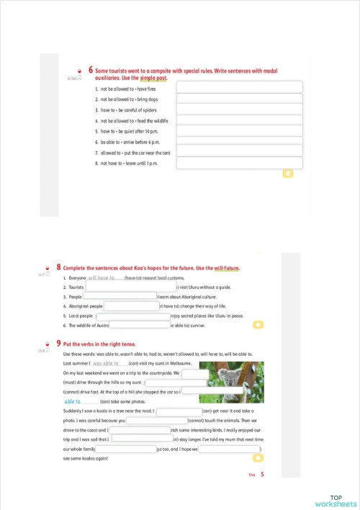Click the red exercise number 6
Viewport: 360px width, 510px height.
[91, 70]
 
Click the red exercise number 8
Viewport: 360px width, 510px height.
[58, 268]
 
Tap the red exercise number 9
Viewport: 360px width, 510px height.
[58, 344]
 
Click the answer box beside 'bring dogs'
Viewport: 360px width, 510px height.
[239, 99]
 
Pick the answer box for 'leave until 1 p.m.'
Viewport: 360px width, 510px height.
[239, 164]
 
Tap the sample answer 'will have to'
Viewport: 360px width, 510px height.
[102, 277]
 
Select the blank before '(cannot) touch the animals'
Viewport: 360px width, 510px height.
[157, 420]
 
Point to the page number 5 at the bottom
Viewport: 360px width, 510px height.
[263, 474]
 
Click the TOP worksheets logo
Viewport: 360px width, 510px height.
[336, 501]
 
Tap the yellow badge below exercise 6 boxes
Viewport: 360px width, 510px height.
[287, 174]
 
